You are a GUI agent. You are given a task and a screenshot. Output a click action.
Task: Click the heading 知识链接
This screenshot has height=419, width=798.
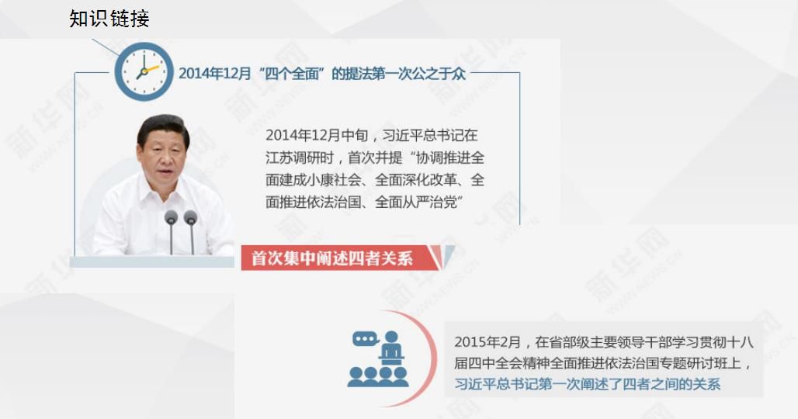(109, 19)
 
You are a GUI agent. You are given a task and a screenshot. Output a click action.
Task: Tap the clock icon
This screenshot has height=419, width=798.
(144, 71)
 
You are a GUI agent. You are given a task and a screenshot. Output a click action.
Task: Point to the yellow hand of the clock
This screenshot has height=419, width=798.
(151, 68)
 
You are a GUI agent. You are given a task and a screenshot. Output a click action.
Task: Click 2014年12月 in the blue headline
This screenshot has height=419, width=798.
(215, 74)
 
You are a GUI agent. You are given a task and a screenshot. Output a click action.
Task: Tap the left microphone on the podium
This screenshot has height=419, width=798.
(172, 231)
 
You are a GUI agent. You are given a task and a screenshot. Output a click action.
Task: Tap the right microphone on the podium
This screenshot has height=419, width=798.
(190, 231)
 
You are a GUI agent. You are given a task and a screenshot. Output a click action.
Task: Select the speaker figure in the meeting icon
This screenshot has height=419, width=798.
(391, 348)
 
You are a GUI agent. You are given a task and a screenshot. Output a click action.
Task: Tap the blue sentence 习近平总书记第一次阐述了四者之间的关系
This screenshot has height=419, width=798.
(588, 384)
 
